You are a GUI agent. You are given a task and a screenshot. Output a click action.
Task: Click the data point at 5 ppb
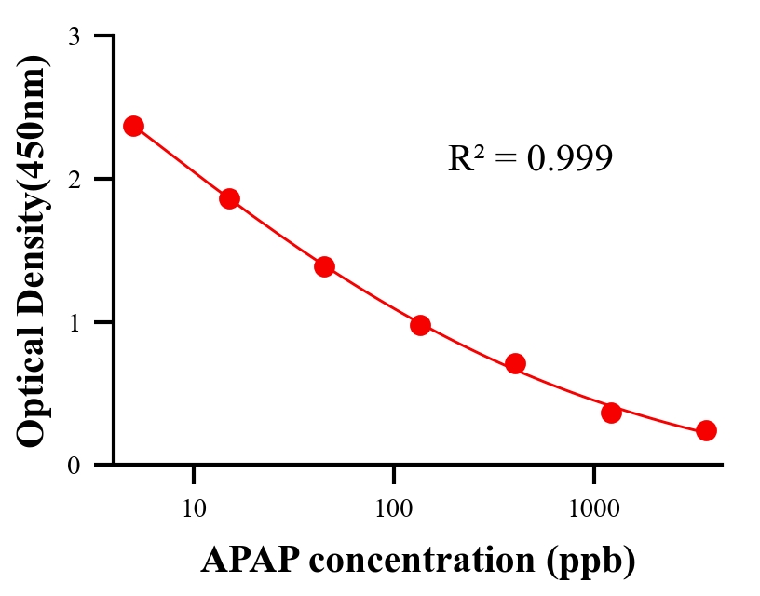[x=133, y=126]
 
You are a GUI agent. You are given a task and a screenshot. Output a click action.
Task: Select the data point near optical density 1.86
[x=229, y=198]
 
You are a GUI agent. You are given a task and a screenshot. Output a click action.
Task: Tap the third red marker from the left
[x=324, y=266]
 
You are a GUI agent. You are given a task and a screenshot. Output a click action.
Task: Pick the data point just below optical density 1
[x=420, y=325]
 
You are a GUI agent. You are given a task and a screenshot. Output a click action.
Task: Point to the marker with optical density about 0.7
[x=515, y=363]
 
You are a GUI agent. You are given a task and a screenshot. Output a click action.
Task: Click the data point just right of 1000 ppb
[x=611, y=413]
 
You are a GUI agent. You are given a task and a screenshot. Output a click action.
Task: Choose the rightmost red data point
[x=706, y=430]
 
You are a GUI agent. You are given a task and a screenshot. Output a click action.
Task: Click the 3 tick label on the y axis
[x=74, y=36]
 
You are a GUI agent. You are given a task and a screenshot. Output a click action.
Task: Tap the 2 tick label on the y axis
[x=74, y=179]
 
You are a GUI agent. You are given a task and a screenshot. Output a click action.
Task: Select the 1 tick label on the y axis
[x=74, y=322]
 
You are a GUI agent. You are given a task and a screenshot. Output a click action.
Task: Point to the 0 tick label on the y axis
[x=74, y=466]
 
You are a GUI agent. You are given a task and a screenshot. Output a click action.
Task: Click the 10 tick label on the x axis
[x=194, y=509]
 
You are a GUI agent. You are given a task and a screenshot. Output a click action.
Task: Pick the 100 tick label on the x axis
[x=393, y=509]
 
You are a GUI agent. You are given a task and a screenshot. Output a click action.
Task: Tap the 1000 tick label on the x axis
[x=593, y=509]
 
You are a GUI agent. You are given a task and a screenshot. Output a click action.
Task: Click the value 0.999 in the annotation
[x=569, y=159]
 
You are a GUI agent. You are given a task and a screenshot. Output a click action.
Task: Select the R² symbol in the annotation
[x=465, y=158]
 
